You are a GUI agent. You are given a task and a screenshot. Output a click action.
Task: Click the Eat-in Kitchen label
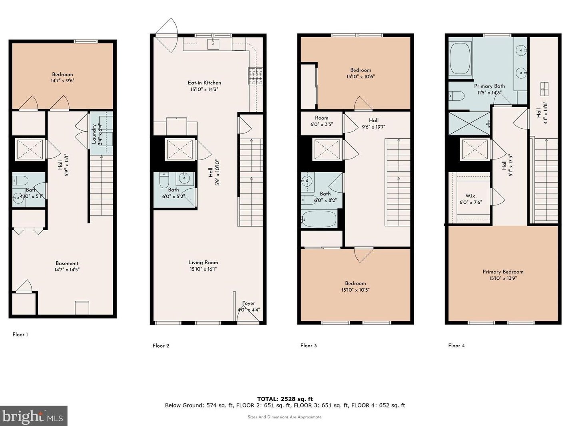(x=204, y=83)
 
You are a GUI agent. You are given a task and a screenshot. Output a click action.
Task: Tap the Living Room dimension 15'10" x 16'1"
(x=204, y=269)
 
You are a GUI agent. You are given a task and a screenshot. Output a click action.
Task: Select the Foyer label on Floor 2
(x=248, y=303)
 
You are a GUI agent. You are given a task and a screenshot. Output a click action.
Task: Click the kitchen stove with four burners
(x=256, y=76)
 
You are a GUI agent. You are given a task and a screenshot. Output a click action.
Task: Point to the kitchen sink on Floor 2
(x=213, y=43)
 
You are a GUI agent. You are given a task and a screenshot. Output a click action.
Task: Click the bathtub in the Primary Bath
(x=460, y=59)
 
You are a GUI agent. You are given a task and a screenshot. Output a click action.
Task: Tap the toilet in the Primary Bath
(x=456, y=96)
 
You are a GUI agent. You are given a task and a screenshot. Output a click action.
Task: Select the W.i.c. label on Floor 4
(x=471, y=196)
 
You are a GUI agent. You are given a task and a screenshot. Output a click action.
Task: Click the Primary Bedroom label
(x=503, y=272)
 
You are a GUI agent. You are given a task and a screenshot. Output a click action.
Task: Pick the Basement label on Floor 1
(x=67, y=263)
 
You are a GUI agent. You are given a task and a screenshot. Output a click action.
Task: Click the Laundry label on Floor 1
(x=94, y=134)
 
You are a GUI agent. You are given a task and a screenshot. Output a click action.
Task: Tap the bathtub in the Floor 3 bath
(x=319, y=219)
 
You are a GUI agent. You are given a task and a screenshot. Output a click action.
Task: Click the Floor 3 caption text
(x=309, y=346)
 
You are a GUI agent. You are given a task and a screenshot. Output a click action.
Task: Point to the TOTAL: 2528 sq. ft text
(x=285, y=399)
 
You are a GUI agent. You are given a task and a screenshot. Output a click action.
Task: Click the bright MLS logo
(x=33, y=416)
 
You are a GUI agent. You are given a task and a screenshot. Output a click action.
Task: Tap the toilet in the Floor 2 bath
(x=164, y=181)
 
